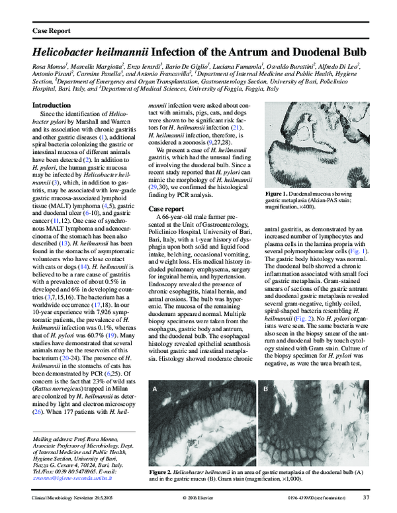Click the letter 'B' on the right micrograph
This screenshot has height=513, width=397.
pos(265,390)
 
